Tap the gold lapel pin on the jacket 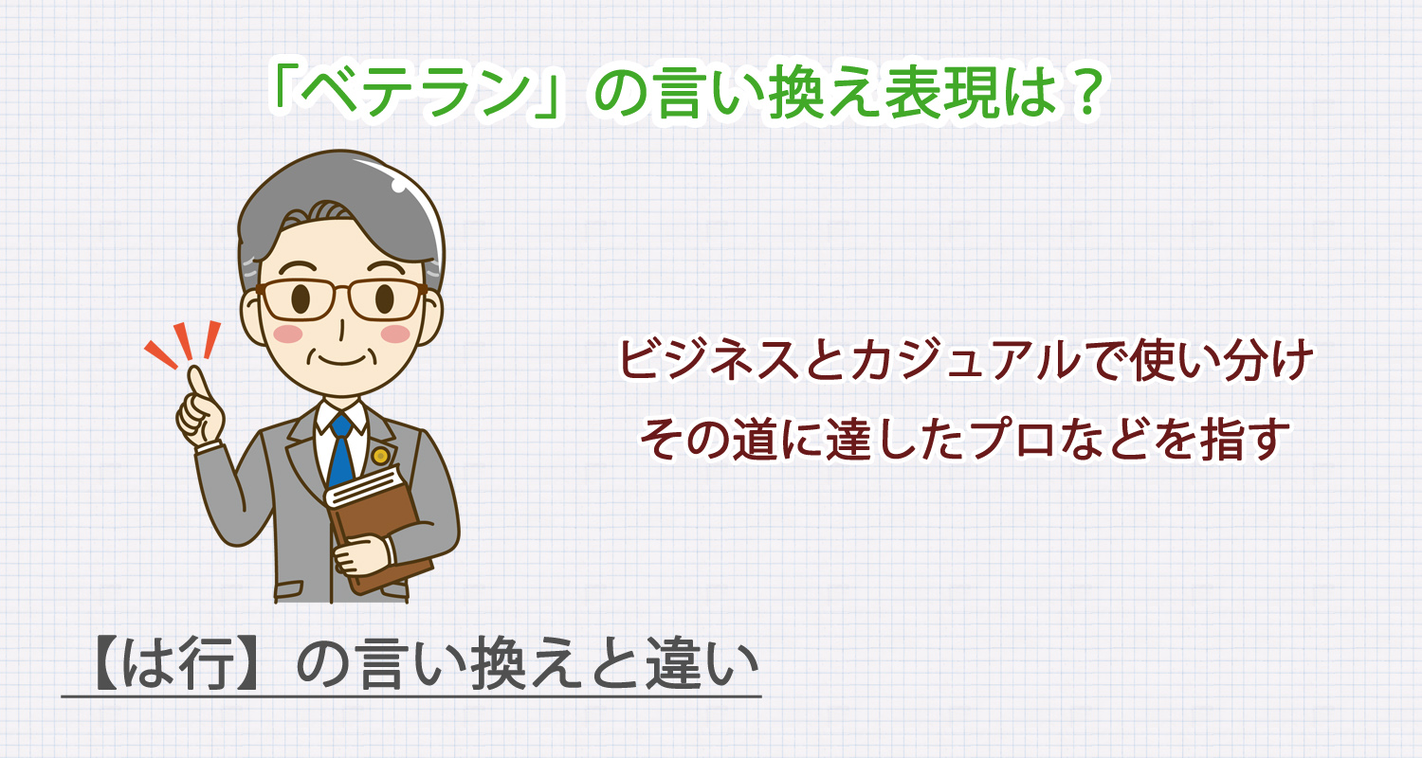[380, 456]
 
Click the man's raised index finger [198, 383]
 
